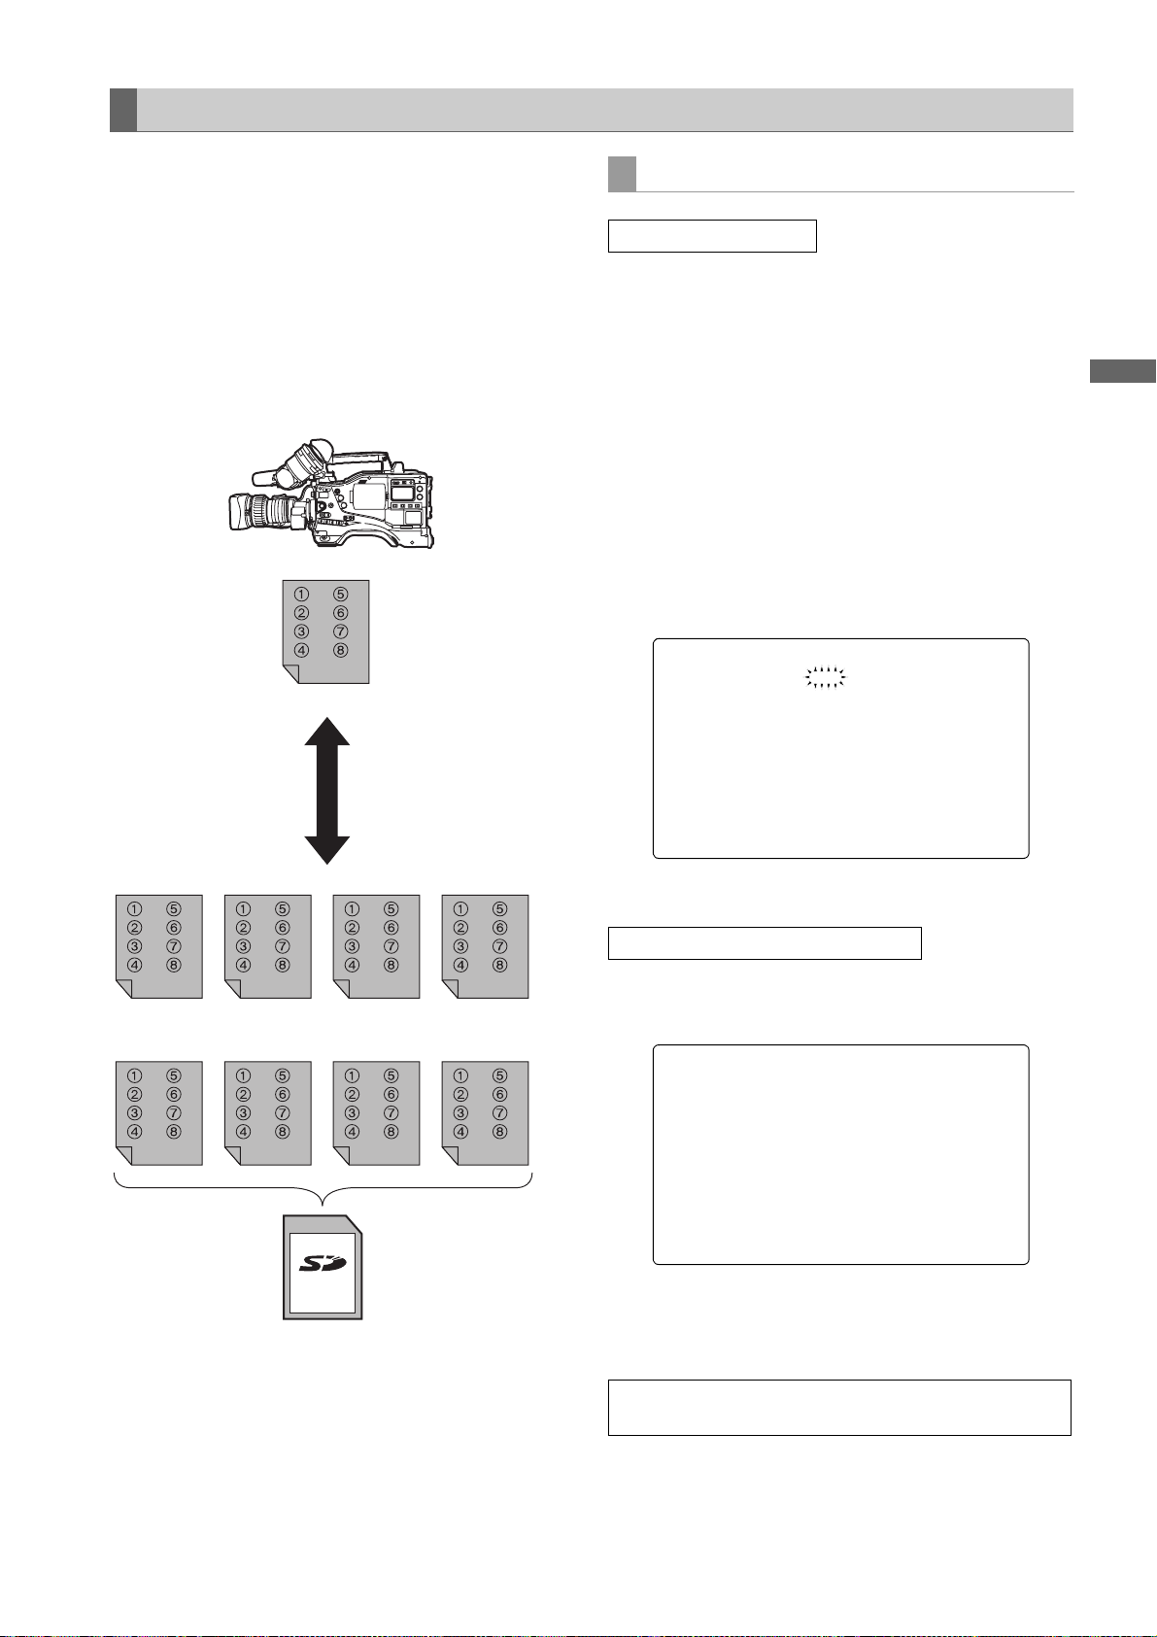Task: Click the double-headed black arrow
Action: pos(327,790)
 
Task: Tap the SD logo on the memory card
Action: pos(323,1262)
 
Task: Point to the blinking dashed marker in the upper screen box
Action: pos(826,678)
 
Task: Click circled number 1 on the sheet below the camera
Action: pos(302,595)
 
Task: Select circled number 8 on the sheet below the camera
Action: pos(340,651)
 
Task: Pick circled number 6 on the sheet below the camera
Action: pos(340,613)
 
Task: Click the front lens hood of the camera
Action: pos(240,512)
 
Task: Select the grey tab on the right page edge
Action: pos(1122,371)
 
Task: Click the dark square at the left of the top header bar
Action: pos(122,110)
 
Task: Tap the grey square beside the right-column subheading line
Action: pos(622,174)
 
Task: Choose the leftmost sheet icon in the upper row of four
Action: pos(159,946)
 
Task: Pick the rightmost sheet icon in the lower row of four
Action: pos(486,1112)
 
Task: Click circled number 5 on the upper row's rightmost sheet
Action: pos(499,909)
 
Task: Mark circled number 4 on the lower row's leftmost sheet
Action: pos(135,1132)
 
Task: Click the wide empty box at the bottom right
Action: pos(839,1407)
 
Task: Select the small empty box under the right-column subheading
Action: pos(712,236)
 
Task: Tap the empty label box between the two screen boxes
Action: pos(765,943)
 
